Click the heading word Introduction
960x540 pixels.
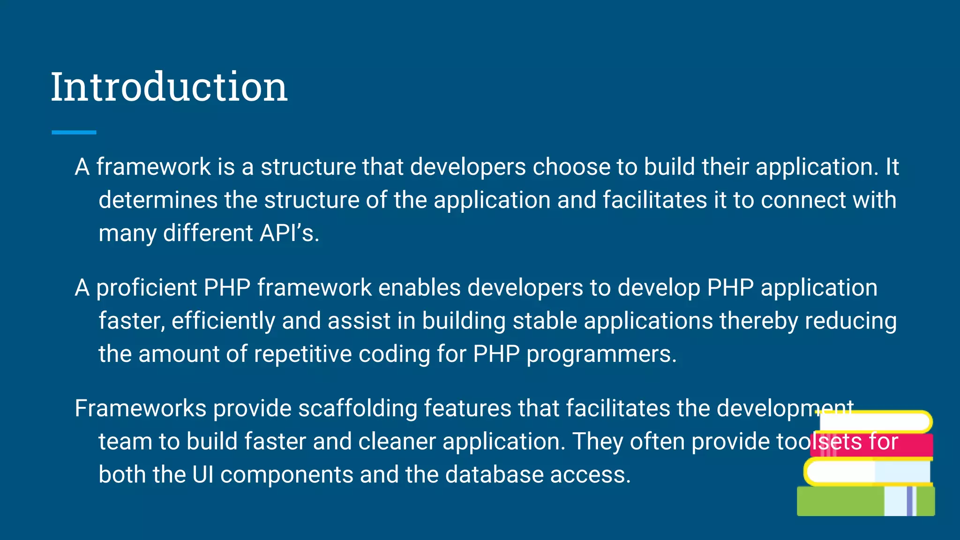(169, 87)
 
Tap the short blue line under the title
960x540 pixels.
(74, 133)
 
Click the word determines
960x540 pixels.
(158, 200)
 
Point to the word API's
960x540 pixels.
(289, 233)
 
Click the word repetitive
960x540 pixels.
(303, 354)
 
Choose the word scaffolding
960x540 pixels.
(358, 409)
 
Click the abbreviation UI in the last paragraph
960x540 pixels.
(203, 475)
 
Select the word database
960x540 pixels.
(494, 475)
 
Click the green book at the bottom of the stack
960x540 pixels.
(839, 502)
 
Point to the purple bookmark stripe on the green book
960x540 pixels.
(909, 502)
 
